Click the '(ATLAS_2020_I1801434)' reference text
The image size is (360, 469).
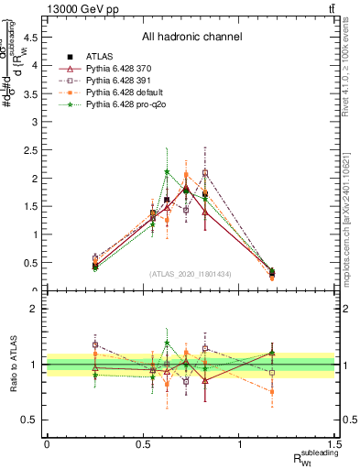pos(191,274)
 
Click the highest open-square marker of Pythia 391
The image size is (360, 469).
pos(205,172)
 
